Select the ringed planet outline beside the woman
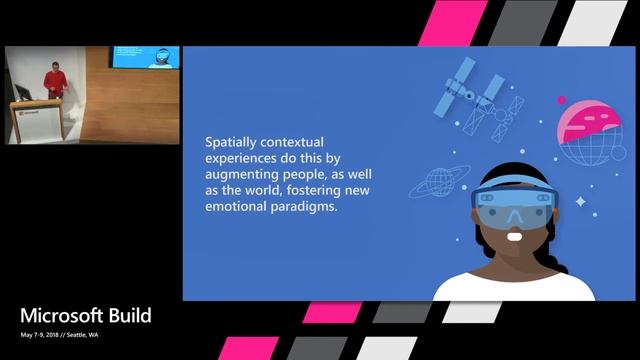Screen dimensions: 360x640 441,180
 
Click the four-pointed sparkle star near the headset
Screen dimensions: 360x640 579,216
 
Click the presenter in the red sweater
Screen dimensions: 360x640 54,86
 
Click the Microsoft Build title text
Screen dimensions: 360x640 85,316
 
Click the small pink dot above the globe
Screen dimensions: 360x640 562,100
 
